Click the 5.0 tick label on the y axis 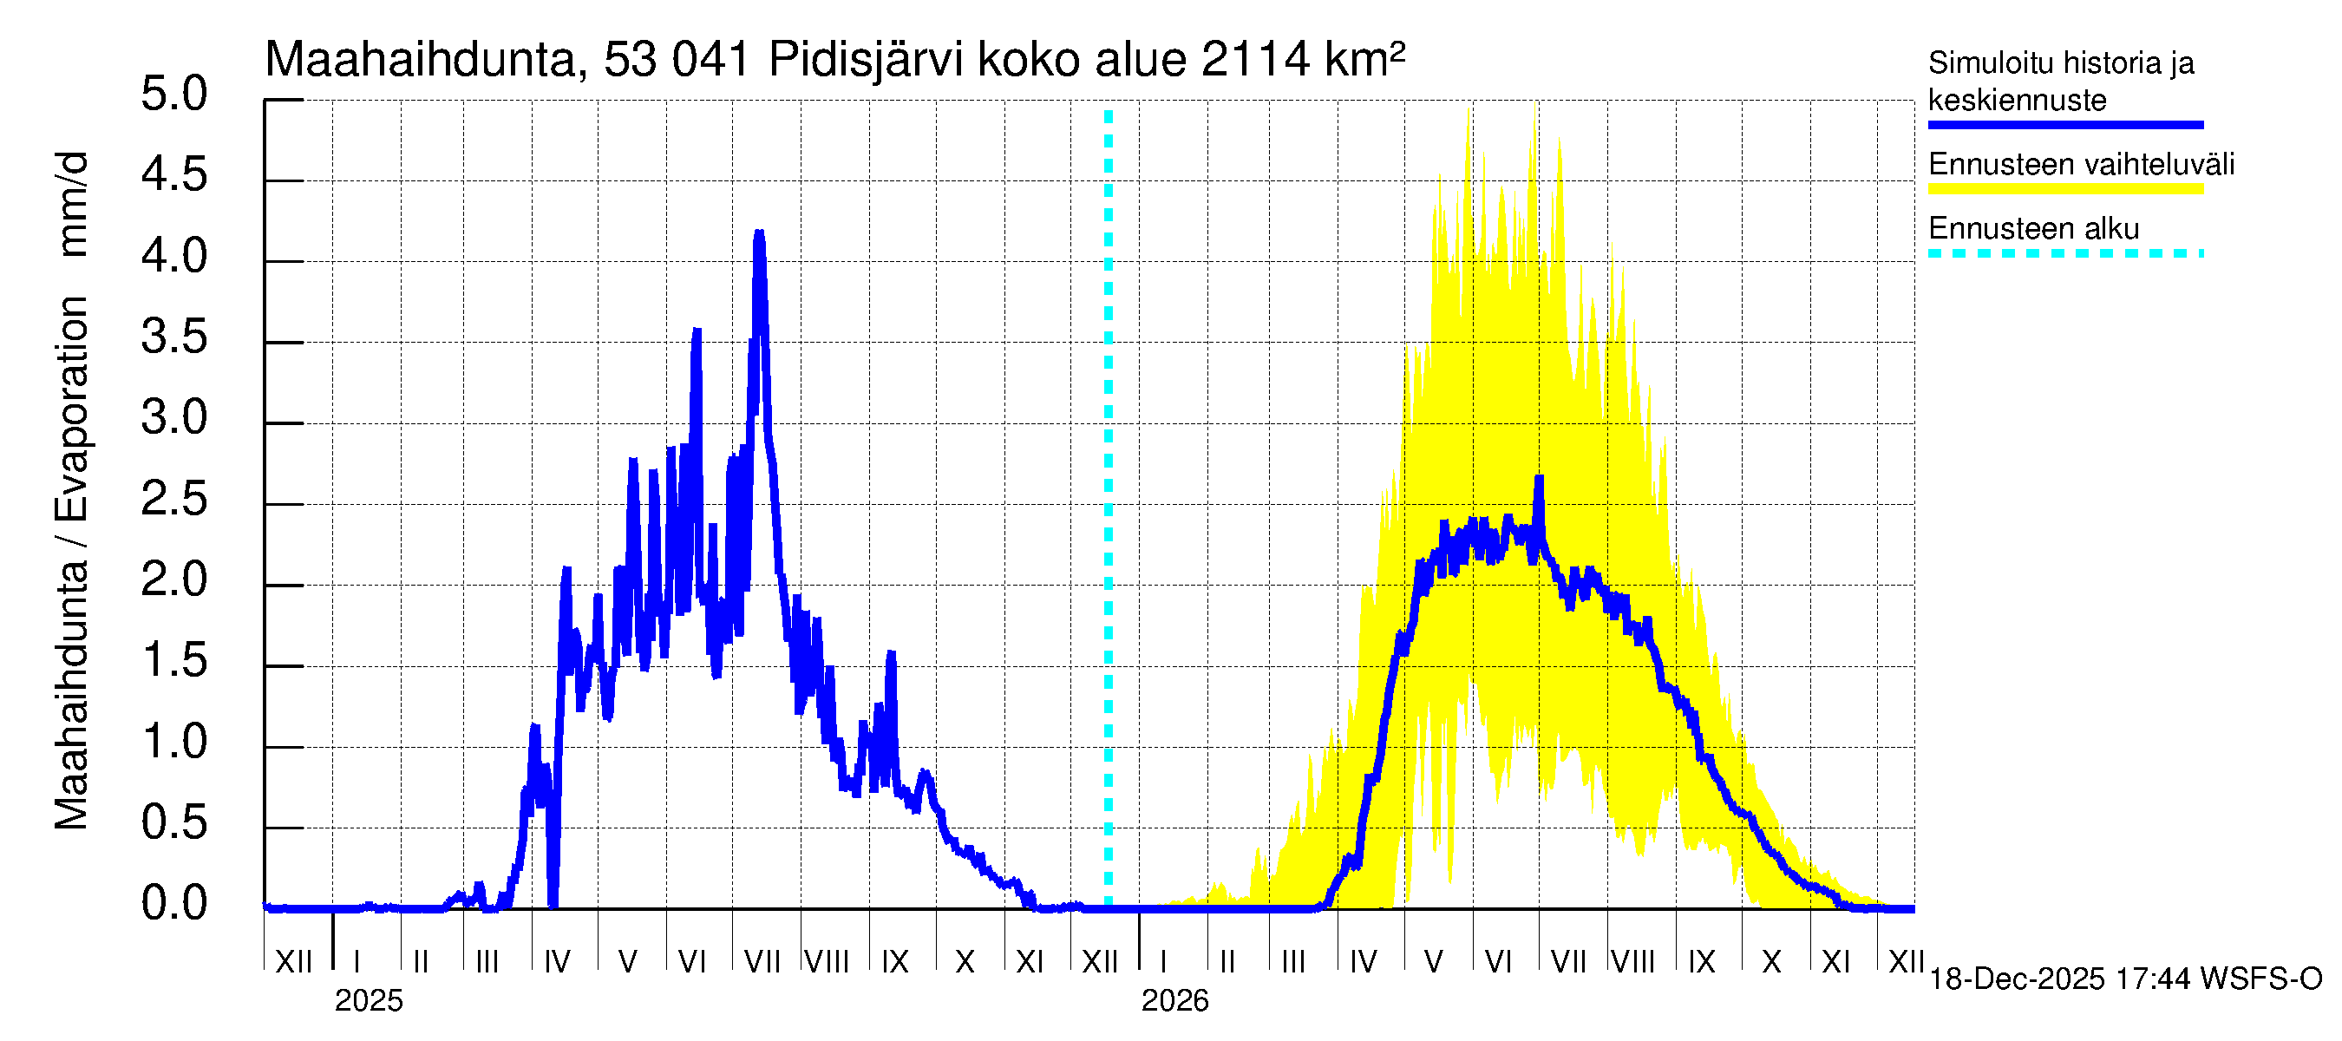[173, 95]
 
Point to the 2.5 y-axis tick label [173, 500]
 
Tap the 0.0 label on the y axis [173, 905]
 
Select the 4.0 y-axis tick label [173, 258]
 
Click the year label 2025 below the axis [368, 1001]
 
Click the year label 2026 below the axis [1174, 1001]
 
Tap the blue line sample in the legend [2064, 125]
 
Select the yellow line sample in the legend [2064, 189]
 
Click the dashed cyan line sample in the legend [2064, 253]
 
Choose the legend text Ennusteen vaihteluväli [2081, 165]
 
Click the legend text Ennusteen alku [2034, 229]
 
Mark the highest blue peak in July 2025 [759, 233]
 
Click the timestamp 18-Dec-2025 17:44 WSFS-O [2124, 979]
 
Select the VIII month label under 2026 [1632, 962]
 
